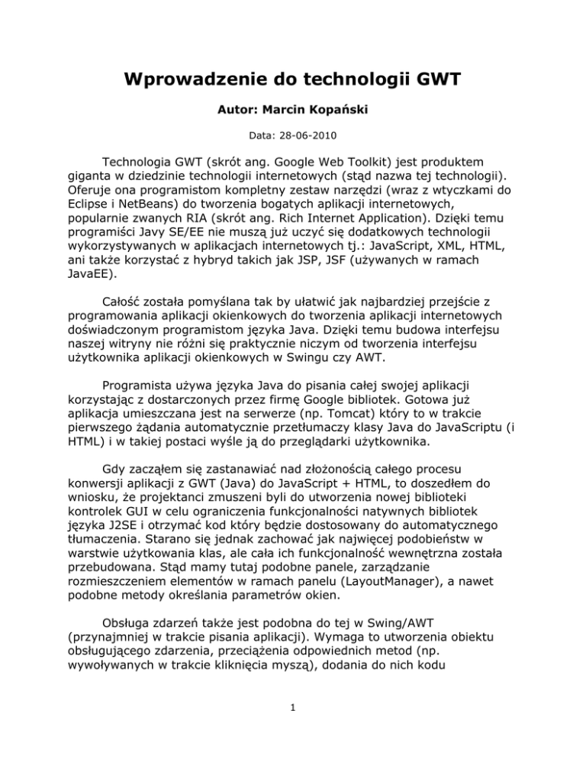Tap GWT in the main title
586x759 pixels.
click(x=432, y=79)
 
